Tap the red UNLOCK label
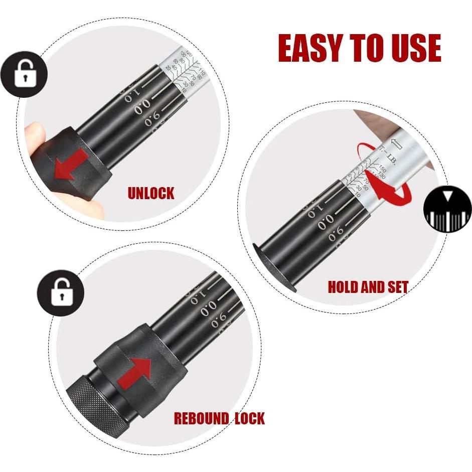[150, 193]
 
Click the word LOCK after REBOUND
[249, 418]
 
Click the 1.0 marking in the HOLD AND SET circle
[314, 210]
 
